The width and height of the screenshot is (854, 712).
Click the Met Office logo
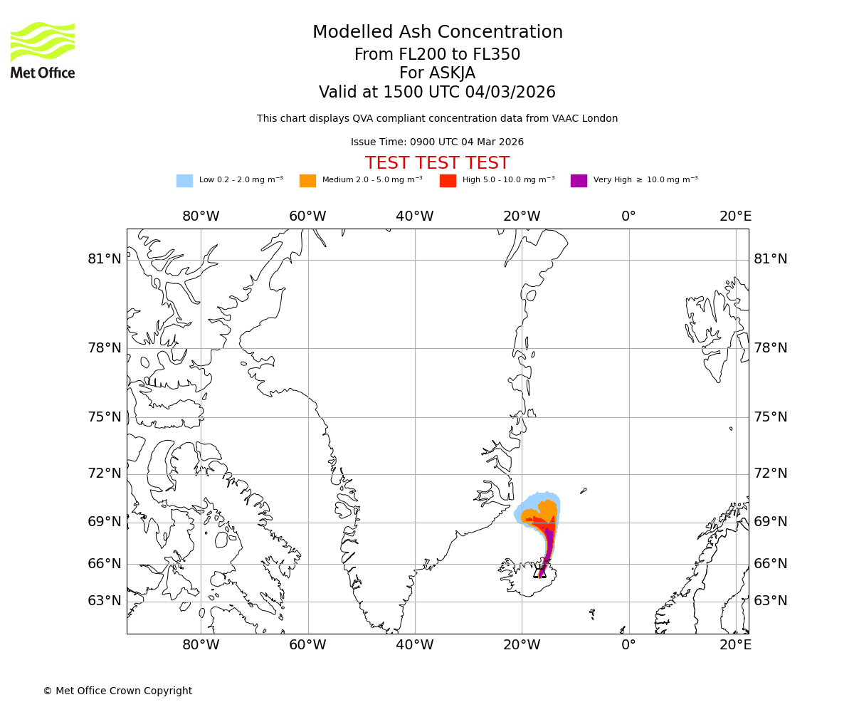pyautogui.click(x=43, y=50)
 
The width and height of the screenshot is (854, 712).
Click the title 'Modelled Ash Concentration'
pyautogui.click(x=437, y=33)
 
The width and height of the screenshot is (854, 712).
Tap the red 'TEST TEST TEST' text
pyautogui.click(x=437, y=163)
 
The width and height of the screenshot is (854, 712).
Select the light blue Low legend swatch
pyautogui.click(x=184, y=181)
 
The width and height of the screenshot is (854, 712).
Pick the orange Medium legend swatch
pyautogui.click(x=307, y=181)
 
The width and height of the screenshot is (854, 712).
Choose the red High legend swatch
pyautogui.click(x=448, y=181)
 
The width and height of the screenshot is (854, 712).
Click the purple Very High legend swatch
pyautogui.click(x=579, y=181)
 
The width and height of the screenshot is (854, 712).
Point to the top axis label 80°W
pyautogui.click(x=201, y=216)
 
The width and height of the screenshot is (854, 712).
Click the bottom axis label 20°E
pyautogui.click(x=735, y=645)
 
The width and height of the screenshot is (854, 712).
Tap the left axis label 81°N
pyautogui.click(x=105, y=259)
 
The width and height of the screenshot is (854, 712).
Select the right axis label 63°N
pyautogui.click(x=771, y=601)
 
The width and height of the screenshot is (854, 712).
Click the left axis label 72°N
pyautogui.click(x=105, y=473)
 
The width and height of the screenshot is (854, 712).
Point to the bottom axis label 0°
pyautogui.click(x=628, y=645)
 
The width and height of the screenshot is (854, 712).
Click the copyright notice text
pyautogui.click(x=117, y=691)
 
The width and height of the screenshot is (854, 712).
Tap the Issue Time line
pyautogui.click(x=437, y=142)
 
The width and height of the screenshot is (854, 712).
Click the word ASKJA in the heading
pyautogui.click(x=452, y=74)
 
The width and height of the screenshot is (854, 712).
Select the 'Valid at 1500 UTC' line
pyautogui.click(x=437, y=93)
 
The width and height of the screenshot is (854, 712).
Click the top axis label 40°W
pyautogui.click(x=415, y=216)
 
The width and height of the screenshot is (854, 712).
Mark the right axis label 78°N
pyautogui.click(x=771, y=348)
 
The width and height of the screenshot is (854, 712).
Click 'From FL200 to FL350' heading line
pyautogui.click(x=437, y=55)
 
